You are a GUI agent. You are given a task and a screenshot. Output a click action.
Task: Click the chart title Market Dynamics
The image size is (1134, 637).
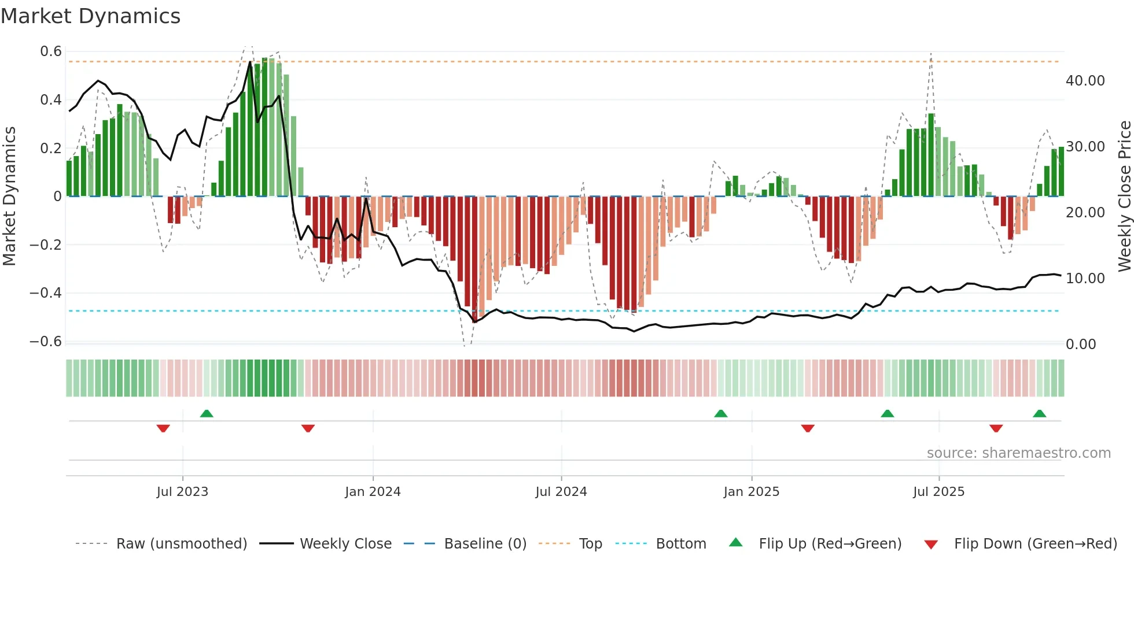tap(91, 16)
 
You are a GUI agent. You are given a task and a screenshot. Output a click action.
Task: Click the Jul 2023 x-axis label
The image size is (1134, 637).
tap(182, 492)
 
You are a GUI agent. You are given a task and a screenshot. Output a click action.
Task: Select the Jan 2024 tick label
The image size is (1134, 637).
tap(373, 492)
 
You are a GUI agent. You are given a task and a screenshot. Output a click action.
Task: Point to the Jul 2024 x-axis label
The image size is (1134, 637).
tap(561, 492)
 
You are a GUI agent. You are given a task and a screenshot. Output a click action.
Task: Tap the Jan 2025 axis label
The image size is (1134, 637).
tap(752, 492)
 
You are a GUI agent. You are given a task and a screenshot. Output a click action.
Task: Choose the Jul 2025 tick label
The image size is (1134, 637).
tap(939, 492)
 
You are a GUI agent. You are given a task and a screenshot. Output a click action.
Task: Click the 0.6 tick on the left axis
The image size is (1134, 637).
tap(51, 51)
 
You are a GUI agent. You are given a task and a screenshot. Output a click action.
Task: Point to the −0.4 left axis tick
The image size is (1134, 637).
tap(46, 293)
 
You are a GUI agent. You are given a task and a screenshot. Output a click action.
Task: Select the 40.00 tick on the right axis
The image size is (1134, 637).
tap(1085, 81)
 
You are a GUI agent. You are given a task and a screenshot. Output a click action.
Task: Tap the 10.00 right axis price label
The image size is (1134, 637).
tap(1085, 279)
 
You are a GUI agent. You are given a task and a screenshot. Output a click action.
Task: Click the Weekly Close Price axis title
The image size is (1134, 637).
tap(1124, 197)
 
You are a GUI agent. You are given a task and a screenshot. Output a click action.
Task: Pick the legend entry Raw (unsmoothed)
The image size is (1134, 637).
tap(182, 544)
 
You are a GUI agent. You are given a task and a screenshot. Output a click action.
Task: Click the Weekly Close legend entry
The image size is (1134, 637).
tap(345, 544)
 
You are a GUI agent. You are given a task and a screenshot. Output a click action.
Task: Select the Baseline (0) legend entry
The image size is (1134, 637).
tap(485, 544)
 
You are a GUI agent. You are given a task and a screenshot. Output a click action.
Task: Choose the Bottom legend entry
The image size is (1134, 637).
tap(681, 544)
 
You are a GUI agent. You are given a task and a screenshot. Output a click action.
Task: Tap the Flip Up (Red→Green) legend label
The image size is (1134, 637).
tap(830, 544)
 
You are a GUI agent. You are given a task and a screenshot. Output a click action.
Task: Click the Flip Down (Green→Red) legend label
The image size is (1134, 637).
tap(1035, 544)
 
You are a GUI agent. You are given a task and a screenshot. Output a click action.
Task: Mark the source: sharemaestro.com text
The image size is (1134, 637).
tap(1018, 453)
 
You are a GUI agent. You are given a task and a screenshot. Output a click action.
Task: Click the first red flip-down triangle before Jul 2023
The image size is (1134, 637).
tap(163, 428)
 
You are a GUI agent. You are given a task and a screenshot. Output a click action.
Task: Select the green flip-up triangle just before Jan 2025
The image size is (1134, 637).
tap(721, 413)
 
